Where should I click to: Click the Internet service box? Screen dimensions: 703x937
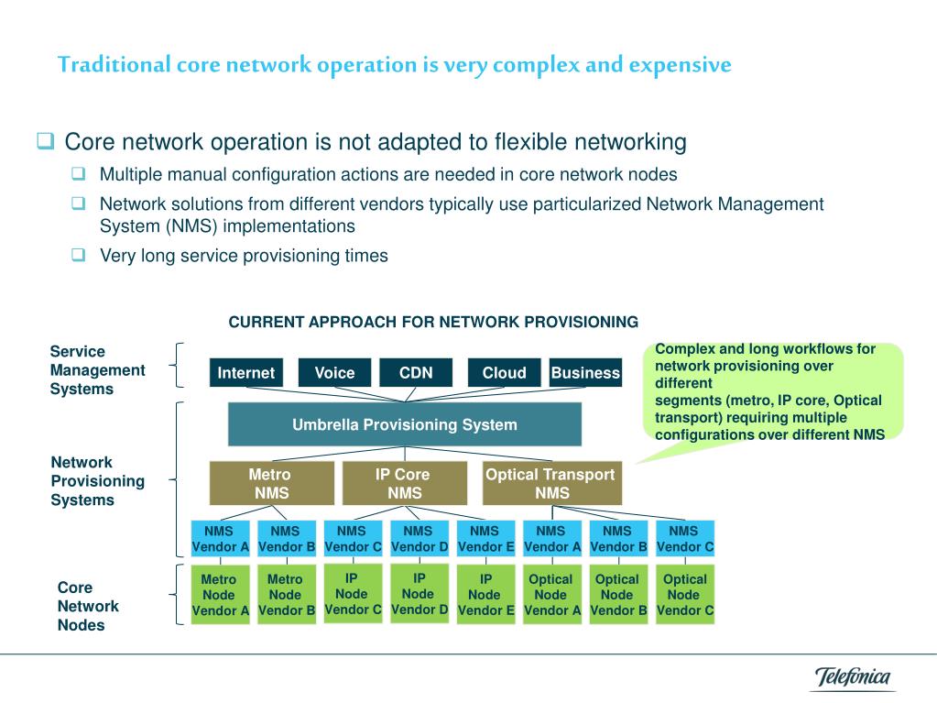[245, 373]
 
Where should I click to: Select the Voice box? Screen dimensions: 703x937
[334, 373]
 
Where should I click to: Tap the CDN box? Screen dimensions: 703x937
[416, 373]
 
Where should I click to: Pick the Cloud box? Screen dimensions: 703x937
[504, 373]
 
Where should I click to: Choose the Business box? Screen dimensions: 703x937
[585, 373]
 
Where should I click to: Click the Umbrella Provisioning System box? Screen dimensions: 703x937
[404, 424]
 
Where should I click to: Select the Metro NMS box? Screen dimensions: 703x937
[271, 483]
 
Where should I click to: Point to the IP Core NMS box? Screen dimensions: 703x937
[403, 483]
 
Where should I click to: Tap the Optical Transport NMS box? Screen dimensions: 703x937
[551, 483]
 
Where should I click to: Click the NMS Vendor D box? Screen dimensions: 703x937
[419, 539]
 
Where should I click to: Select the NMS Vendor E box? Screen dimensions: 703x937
[485, 539]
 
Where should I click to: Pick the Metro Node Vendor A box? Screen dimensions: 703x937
[219, 595]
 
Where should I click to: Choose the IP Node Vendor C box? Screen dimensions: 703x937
[353, 594]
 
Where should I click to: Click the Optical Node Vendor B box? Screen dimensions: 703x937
[617, 595]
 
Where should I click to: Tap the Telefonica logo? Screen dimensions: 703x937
[853, 678]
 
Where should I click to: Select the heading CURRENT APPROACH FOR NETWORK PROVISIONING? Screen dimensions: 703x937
[433, 322]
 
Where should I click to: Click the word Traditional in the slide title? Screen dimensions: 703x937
[114, 65]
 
